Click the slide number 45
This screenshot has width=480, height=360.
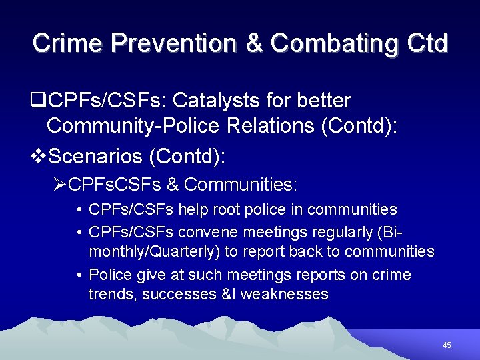pyautogui.click(x=447, y=345)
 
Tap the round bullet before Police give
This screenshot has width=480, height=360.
pyautogui.click(x=79, y=275)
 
